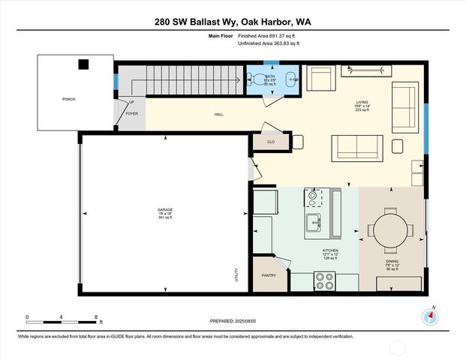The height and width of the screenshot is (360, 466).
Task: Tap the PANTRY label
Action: [x=269, y=275]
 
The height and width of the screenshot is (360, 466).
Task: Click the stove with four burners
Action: [x=324, y=280]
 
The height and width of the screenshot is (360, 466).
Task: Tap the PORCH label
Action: [x=69, y=99]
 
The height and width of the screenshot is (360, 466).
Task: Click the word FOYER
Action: [x=132, y=114]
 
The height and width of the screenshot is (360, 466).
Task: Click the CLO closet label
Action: [x=270, y=140]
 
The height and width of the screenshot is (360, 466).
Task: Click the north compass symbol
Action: [x=430, y=316]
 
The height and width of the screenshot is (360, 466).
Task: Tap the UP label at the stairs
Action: [x=131, y=102]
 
